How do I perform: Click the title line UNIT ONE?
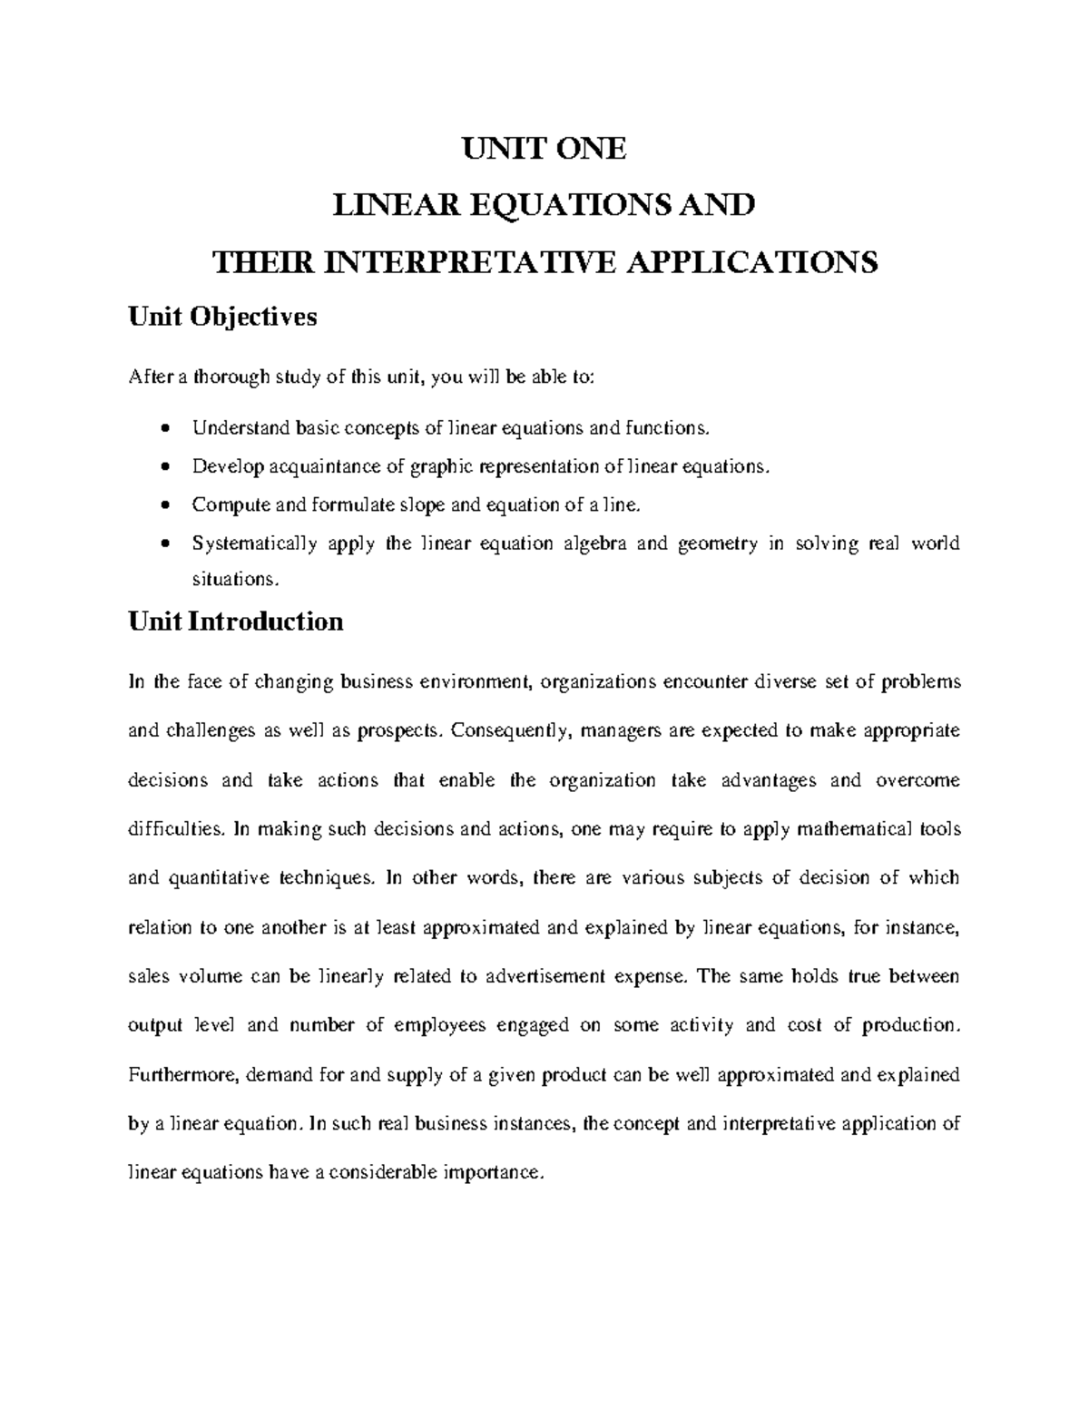click(544, 149)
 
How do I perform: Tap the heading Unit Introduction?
click(236, 621)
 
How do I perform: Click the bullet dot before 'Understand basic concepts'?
click(164, 427)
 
